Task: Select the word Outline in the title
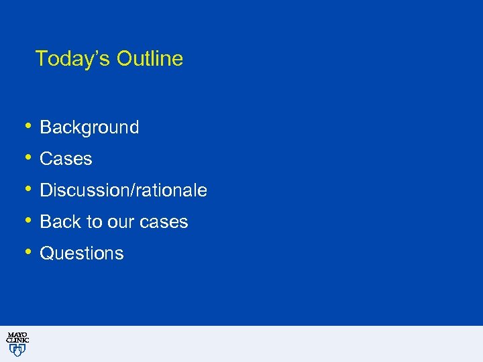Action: [150, 59]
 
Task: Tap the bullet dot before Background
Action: [28, 125]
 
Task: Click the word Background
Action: [89, 127]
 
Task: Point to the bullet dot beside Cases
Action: [28, 157]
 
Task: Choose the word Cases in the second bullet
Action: [66, 159]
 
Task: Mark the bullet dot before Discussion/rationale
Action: [28, 188]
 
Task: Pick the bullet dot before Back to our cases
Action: [28, 220]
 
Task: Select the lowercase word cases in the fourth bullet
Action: [165, 222]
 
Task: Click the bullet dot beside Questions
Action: [28, 251]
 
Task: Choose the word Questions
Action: [82, 253]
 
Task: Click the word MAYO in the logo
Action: [17, 335]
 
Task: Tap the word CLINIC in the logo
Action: [17, 341]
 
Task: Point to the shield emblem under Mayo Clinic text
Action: [17, 350]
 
